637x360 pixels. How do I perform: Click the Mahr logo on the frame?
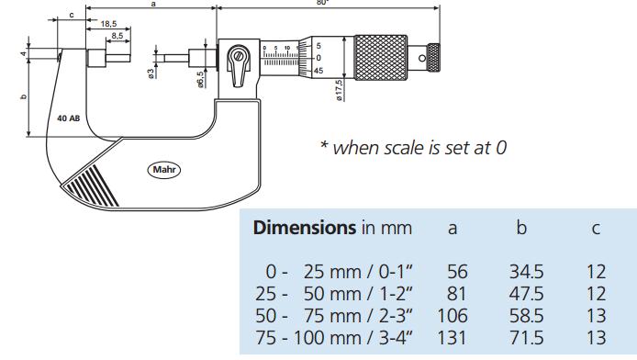click(x=163, y=169)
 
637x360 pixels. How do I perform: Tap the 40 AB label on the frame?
click(x=68, y=118)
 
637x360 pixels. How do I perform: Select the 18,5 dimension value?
click(x=108, y=24)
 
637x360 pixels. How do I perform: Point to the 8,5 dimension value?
click(x=117, y=36)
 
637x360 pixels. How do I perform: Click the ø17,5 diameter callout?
click(x=339, y=90)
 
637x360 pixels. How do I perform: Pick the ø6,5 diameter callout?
click(x=200, y=80)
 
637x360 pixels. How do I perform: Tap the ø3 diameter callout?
click(x=151, y=73)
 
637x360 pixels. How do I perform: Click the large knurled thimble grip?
click(x=381, y=58)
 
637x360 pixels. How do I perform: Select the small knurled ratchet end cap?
click(x=434, y=57)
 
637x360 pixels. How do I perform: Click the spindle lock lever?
click(x=239, y=66)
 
